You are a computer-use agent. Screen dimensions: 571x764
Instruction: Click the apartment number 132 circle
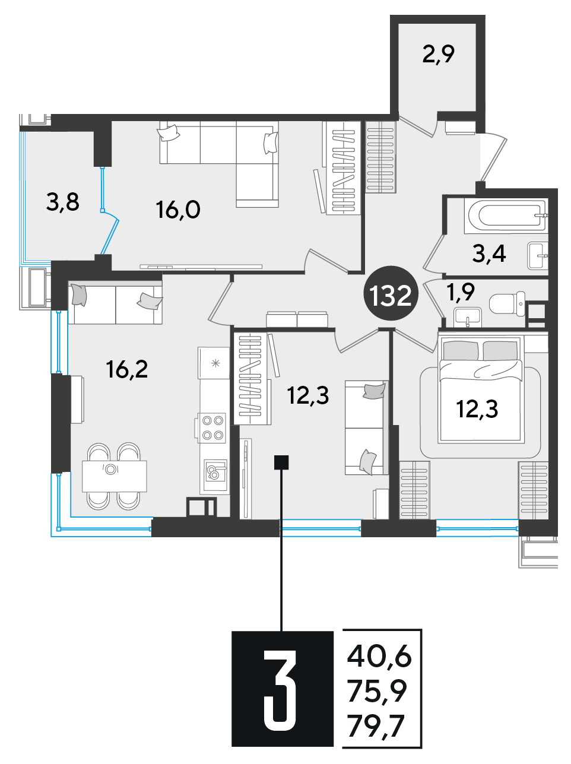[391, 296]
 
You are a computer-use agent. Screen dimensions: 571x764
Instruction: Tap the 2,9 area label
[439, 55]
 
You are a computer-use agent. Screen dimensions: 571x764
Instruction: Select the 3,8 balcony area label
[63, 202]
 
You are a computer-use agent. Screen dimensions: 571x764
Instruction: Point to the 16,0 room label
[178, 210]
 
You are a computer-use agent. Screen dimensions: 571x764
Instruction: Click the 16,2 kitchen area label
[127, 369]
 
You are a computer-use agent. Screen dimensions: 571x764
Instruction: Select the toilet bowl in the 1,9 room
[507, 304]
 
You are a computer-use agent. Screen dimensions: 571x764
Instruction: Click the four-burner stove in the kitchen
[212, 428]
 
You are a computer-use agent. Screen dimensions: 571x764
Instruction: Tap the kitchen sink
[215, 471]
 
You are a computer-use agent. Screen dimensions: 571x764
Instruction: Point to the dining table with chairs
[114, 476]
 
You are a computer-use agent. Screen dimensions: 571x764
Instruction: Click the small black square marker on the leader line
[281, 462]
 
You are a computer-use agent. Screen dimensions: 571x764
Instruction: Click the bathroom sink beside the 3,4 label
[538, 256]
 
